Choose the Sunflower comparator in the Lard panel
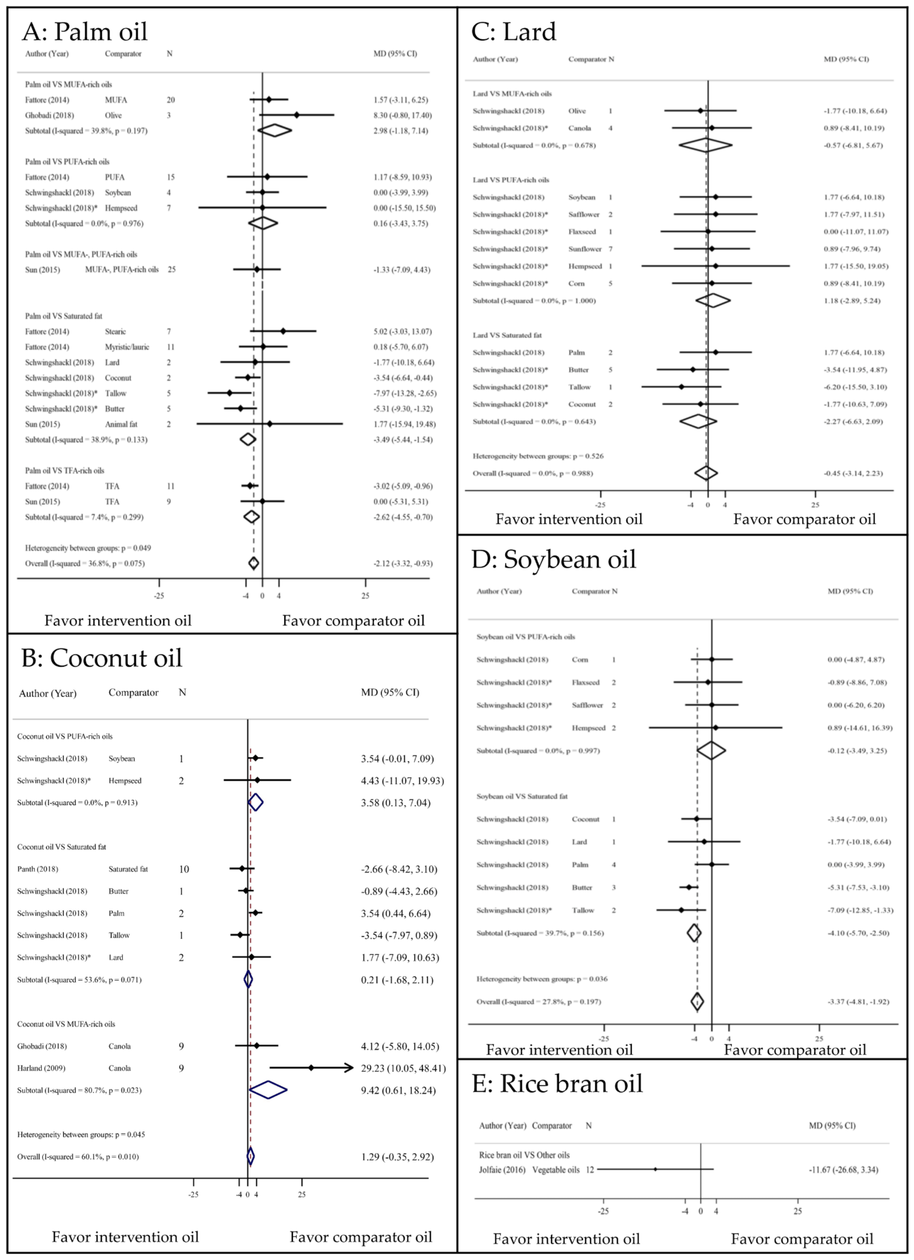click(x=585, y=249)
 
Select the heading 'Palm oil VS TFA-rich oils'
click(x=64, y=471)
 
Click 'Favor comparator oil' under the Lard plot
click(x=804, y=519)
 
